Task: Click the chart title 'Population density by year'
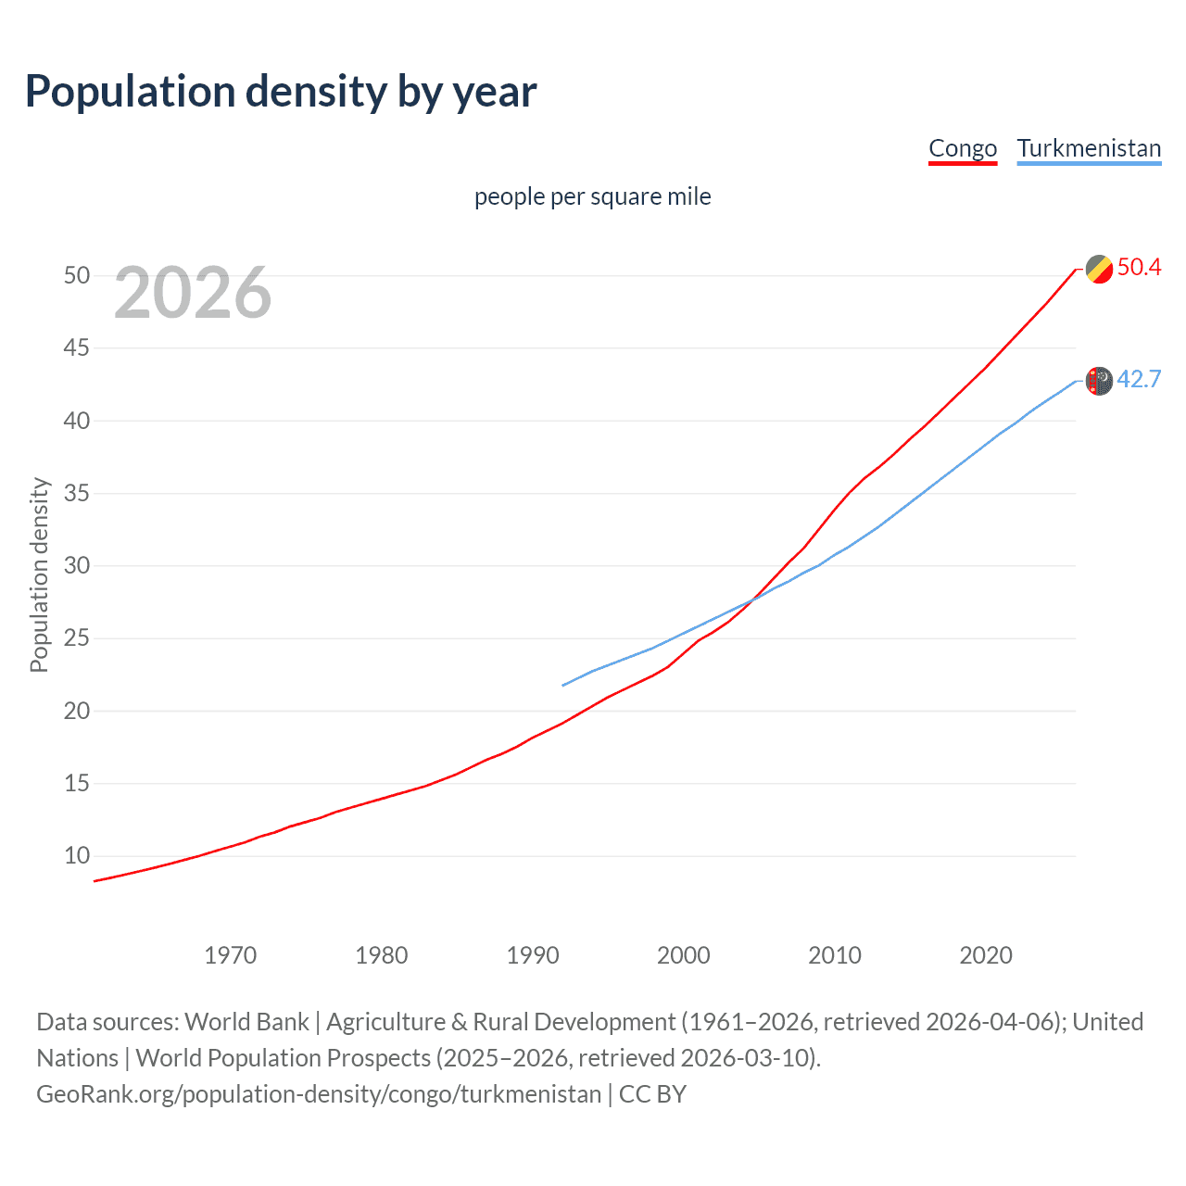[x=281, y=92]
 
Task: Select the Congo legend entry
[x=963, y=148]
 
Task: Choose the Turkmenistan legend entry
[x=1089, y=148]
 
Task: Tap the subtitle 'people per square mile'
[x=592, y=196]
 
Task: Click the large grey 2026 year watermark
[x=193, y=293]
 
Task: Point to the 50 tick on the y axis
[x=77, y=275]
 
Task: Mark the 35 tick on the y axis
[x=77, y=493]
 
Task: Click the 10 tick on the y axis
[x=77, y=855]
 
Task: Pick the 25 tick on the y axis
[x=77, y=638]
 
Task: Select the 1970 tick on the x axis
[x=231, y=955]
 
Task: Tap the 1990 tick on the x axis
[x=533, y=955]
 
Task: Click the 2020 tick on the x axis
[x=986, y=955]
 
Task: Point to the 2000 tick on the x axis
[x=684, y=955]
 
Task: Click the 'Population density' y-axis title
[x=39, y=574]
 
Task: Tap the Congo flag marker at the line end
[x=1099, y=269]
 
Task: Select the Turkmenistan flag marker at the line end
[x=1099, y=381]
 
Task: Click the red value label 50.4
[x=1139, y=268]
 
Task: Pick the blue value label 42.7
[x=1139, y=380]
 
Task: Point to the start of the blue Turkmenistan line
[x=563, y=686]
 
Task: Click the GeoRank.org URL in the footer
[x=319, y=1094]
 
